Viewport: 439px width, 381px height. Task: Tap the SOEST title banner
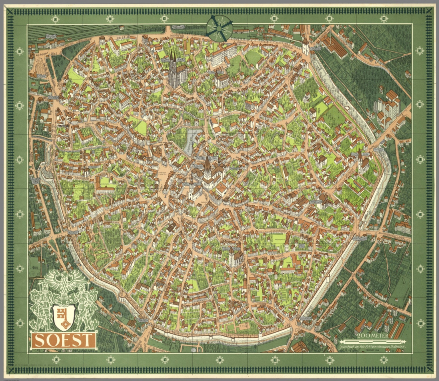click(64, 340)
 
